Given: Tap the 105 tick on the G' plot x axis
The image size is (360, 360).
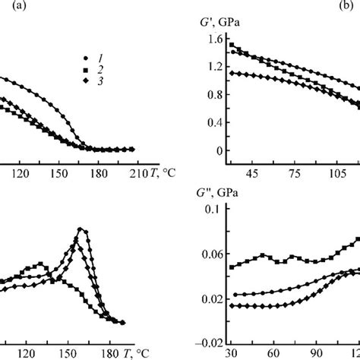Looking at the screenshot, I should (x=337, y=172).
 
